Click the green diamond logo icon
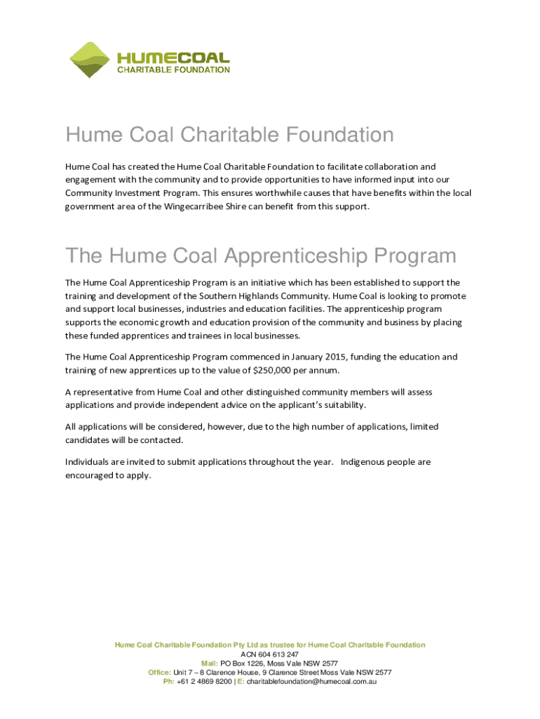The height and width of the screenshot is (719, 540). pos(90,59)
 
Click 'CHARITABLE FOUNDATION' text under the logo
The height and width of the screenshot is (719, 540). pos(173,70)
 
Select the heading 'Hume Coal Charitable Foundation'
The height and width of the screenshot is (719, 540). pos(229,134)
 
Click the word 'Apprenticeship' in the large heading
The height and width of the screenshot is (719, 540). pos(292,256)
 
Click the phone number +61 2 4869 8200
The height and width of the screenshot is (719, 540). pos(204,681)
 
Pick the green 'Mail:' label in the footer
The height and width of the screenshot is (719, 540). pos(210,663)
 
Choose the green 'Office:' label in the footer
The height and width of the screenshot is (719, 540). pos(160,672)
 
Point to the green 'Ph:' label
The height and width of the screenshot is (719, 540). pos(169,681)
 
